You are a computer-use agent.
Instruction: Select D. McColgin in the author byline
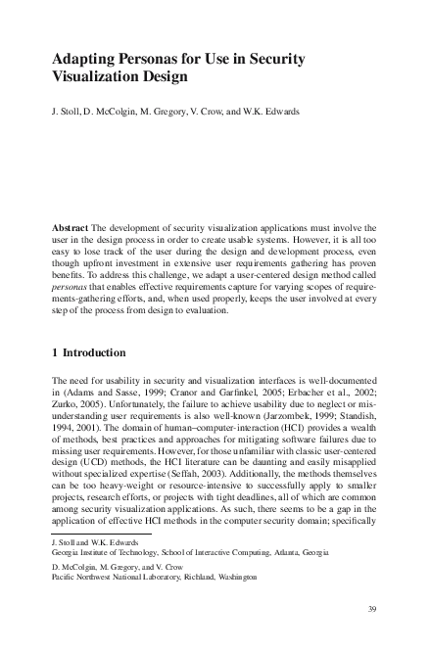pyautogui.click(x=118, y=111)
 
